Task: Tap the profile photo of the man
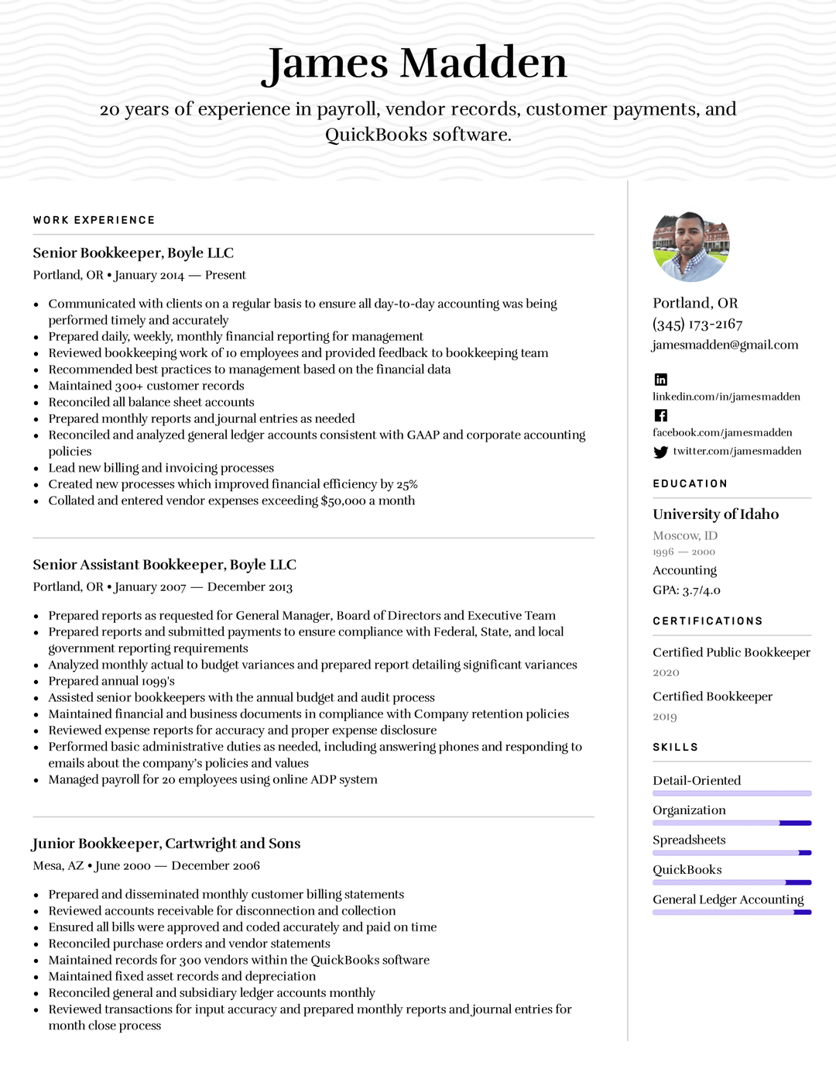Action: click(x=690, y=247)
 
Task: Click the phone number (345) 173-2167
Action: click(x=697, y=324)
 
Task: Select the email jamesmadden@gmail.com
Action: click(x=725, y=345)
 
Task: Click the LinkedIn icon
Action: click(x=660, y=380)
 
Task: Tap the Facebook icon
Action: click(x=660, y=415)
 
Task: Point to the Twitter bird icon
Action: click(x=660, y=452)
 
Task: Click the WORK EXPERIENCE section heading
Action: click(x=94, y=220)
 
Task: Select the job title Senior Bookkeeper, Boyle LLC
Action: click(x=133, y=253)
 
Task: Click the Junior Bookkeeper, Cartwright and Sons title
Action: click(x=166, y=843)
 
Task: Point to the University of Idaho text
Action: click(x=715, y=514)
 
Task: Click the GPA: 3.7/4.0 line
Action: click(x=686, y=590)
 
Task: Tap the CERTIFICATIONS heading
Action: click(x=708, y=621)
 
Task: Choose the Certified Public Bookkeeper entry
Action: click(x=731, y=652)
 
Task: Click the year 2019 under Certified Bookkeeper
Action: click(x=664, y=717)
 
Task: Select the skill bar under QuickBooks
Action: click(x=731, y=882)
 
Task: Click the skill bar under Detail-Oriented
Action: click(x=731, y=793)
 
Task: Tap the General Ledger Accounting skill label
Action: click(x=728, y=899)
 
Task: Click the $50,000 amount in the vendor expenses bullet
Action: click(x=343, y=501)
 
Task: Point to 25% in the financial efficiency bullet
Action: click(x=407, y=485)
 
